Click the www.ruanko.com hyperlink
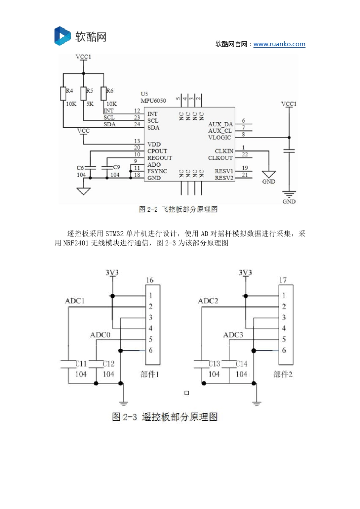click(x=279, y=44)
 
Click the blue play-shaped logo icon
click(x=62, y=36)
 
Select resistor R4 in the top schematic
click(x=63, y=93)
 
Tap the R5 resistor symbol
click(x=83, y=93)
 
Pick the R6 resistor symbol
click(x=103, y=93)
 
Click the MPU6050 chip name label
click(x=153, y=101)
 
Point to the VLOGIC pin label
click(x=219, y=137)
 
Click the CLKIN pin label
click(x=224, y=151)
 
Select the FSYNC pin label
click(x=157, y=171)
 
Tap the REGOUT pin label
click(x=160, y=158)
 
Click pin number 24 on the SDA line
click(x=137, y=124)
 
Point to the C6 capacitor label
click(x=80, y=168)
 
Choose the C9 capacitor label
click(x=116, y=167)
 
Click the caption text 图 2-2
click(x=148, y=209)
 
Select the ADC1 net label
click(x=75, y=301)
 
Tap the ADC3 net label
click(x=233, y=335)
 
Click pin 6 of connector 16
click(x=150, y=350)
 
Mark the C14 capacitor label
click(x=241, y=364)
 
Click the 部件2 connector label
click(x=283, y=374)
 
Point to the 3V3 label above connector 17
click(x=245, y=273)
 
